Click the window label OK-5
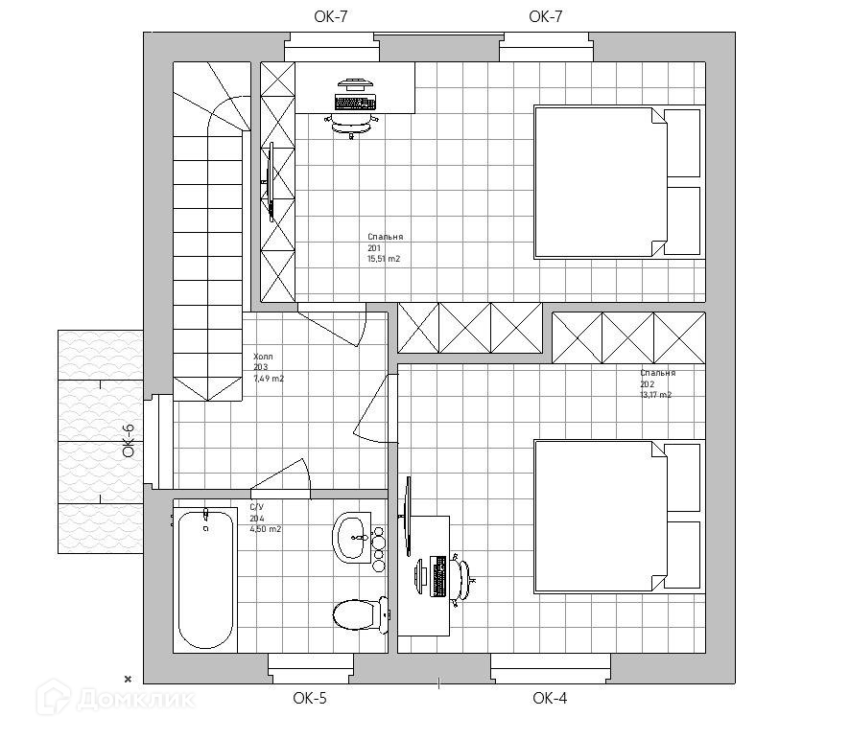[310, 699]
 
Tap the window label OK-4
[550, 699]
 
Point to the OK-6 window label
[129, 442]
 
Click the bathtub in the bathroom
[205, 580]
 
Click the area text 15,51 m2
[384, 260]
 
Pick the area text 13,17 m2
[656, 395]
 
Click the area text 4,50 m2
[266, 529]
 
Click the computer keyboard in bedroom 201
[354, 101]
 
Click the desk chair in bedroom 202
[462, 577]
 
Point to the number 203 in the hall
[260, 367]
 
